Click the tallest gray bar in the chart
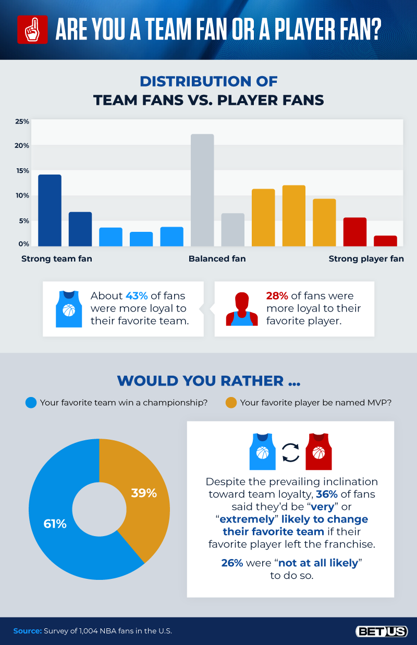202,190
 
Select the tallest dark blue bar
50,210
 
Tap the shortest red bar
385,241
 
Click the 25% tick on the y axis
22,121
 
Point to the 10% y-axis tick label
22,195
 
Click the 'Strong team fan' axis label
57,258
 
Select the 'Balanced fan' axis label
217,258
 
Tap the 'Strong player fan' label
366,258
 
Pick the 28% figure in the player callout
277,296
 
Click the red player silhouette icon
241,309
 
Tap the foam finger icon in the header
32,29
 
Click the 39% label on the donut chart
144,493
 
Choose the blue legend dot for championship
31,403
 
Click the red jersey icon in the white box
318,451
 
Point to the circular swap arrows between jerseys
290,452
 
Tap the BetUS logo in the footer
382,631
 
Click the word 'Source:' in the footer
27,631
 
